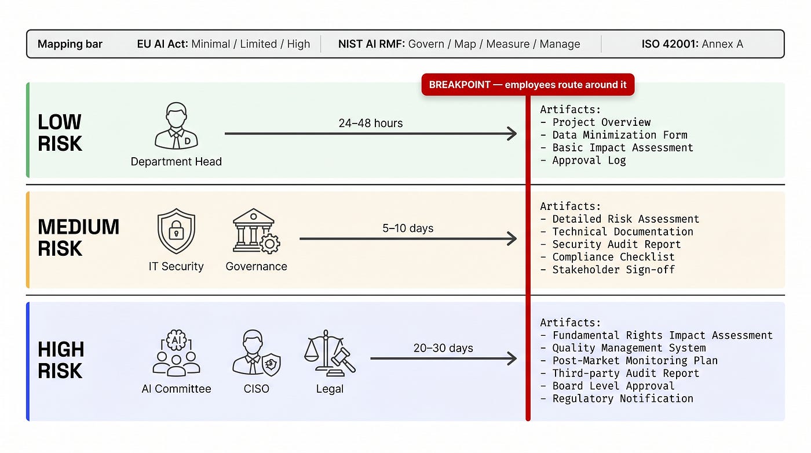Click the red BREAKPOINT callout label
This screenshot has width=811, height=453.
[528, 85]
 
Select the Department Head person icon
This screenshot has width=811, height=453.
[176, 126]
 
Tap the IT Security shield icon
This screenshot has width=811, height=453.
[176, 231]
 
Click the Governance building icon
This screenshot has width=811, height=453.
[256, 231]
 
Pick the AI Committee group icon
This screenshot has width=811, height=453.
[176, 353]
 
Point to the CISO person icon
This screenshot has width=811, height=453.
[256, 353]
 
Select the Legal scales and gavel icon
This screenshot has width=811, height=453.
[330, 353]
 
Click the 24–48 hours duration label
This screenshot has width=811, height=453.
[370, 123]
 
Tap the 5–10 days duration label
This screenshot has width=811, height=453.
[408, 229]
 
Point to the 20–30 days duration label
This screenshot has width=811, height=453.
[443, 348]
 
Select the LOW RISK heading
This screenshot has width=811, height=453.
[60, 132]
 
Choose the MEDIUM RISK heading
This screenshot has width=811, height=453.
[78, 237]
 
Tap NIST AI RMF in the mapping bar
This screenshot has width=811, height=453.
[371, 44]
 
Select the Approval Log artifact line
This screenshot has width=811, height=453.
[583, 160]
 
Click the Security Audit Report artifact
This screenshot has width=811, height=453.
[611, 244]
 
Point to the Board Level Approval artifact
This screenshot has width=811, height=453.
[607, 386]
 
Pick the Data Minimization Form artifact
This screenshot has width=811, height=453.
[613, 135]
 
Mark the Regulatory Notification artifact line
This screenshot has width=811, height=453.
[616, 398]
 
